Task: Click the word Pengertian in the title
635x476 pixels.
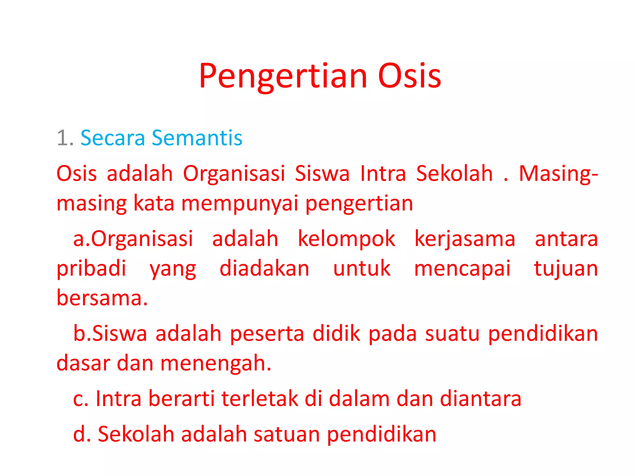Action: tap(283, 76)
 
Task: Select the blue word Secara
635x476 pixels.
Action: tap(113, 138)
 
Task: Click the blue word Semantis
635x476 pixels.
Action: tap(197, 138)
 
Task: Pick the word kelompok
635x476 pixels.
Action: tap(346, 239)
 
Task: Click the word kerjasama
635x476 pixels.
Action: tap(465, 239)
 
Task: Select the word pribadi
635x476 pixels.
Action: tap(91, 269)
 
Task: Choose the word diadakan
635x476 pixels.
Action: tap(264, 268)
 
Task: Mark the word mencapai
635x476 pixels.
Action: tap(462, 269)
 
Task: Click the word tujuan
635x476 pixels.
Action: tap(566, 269)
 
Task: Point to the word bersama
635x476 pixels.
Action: tap(102, 298)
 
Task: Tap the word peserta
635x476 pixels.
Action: tap(267, 334)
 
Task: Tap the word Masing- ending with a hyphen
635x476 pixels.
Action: tap(558, 174)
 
